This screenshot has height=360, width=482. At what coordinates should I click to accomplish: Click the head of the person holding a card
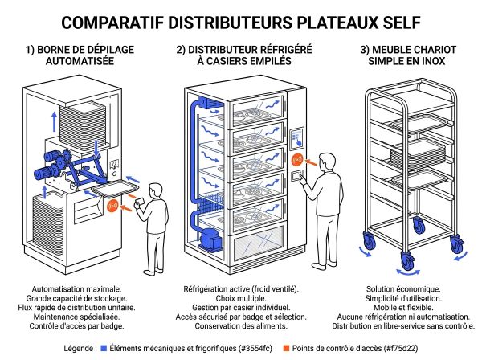click(x=155, y=181)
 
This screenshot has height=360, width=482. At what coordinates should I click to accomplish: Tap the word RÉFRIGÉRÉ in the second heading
click(x=280, y=50)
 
